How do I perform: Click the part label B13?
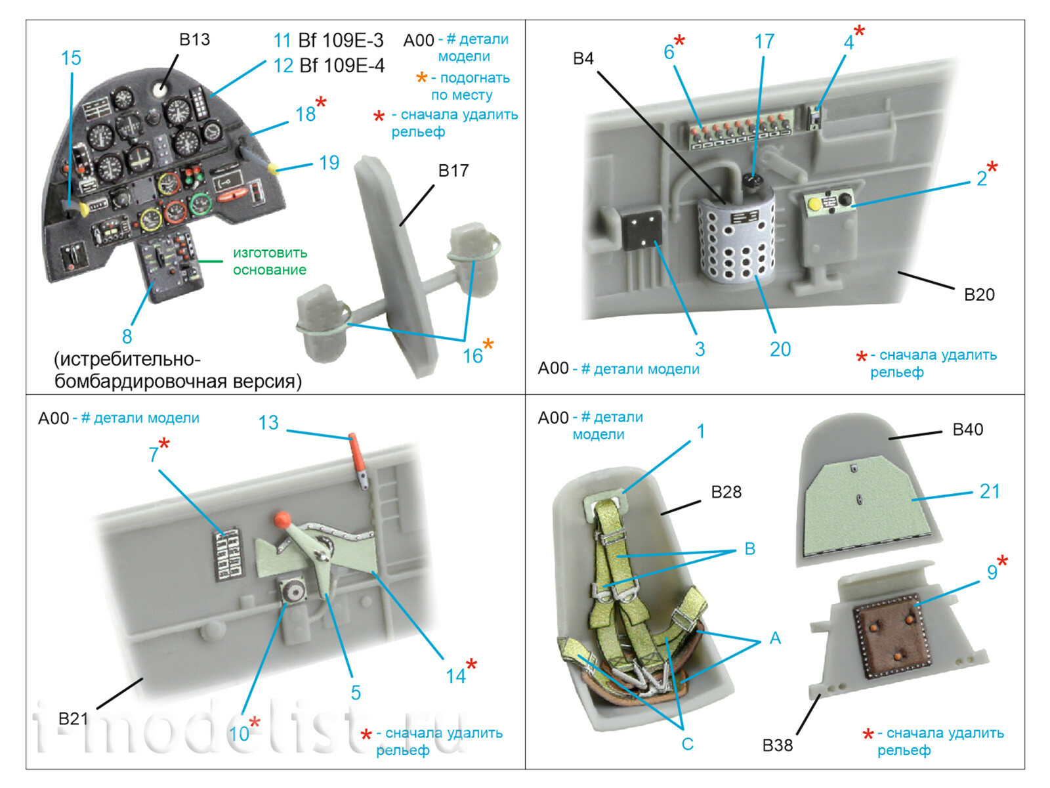[194, 40]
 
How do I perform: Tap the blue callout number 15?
[71, 58]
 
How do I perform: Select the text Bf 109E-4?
[341, 66]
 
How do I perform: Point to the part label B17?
[453, 171]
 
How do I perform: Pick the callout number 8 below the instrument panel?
[127, 337]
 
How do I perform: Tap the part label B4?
[583, 59]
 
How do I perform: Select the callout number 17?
[764, 42]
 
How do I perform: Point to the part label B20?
[978, 295]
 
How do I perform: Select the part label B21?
[72, 719]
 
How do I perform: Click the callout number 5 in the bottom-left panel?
[356, 692]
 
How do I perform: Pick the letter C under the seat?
[687, 744]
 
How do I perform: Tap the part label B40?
[967, 430]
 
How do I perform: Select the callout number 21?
[989, 491]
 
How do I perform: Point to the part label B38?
[777, 745]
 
